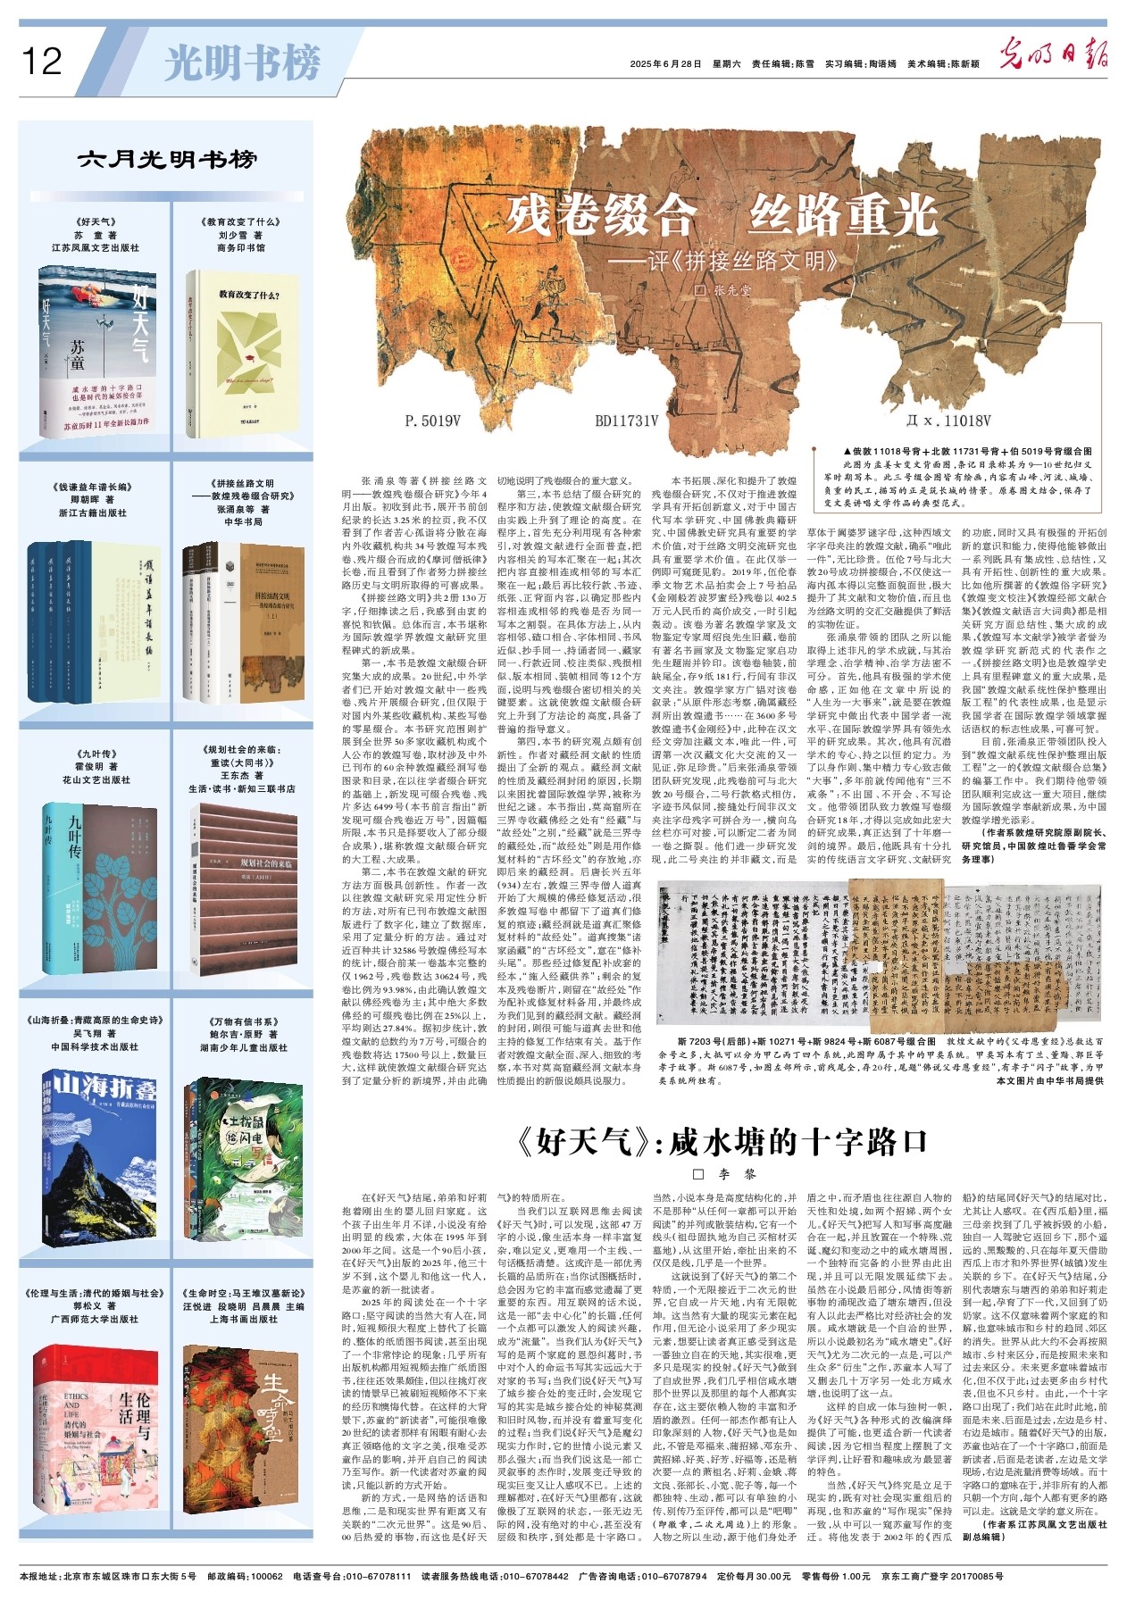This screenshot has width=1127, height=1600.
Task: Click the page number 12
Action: click(41, 62)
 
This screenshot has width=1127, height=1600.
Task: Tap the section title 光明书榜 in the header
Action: click(242, 63)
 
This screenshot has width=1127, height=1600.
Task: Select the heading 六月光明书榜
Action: click(167, 160)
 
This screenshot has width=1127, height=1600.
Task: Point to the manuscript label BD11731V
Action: click(627, 421)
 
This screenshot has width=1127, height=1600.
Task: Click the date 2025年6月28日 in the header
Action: click(666, 64)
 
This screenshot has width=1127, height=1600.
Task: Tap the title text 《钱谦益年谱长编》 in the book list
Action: click(93, 487)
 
